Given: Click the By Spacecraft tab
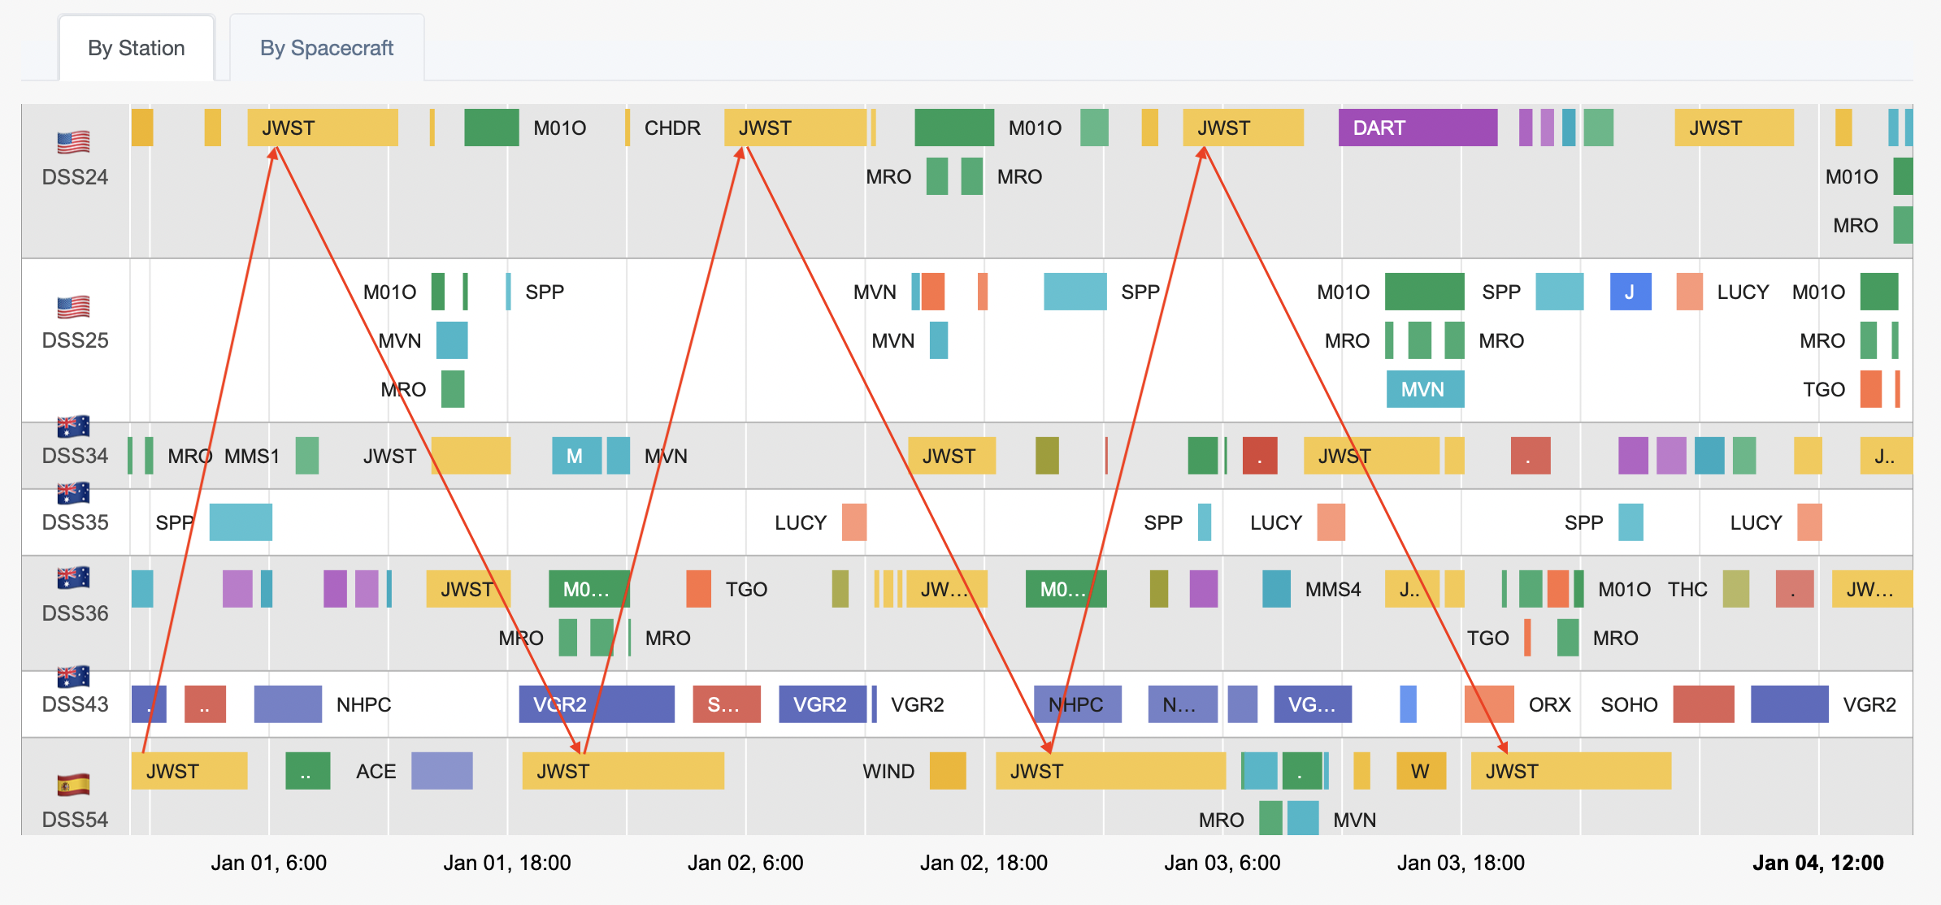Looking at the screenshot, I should pos(326,48).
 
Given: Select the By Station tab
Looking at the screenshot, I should pos(137,48).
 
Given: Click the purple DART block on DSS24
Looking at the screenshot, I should pos(1417,128).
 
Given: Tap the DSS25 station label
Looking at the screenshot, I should pos(75,340).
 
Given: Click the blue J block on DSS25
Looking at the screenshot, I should pos(1630,292).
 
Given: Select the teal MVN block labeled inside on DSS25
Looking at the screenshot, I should pos(1424,389).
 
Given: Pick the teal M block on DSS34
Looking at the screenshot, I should pos(575,456).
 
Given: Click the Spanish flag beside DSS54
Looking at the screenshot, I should pos(73,785).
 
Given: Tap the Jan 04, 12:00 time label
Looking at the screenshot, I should pos(1817,863).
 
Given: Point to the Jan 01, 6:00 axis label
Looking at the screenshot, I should pos(268,863).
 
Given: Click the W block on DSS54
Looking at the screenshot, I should pos(1420,771).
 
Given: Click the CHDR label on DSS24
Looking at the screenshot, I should pos(672,128).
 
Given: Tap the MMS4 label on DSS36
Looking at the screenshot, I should pos(1332,589).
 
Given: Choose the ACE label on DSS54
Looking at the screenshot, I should pos(376,771).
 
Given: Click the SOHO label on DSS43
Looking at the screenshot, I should pos(1628,704).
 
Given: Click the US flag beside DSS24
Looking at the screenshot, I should pos(73,142).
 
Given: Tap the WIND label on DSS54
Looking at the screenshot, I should pos(888,771).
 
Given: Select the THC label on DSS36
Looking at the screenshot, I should pos(1687,589).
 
